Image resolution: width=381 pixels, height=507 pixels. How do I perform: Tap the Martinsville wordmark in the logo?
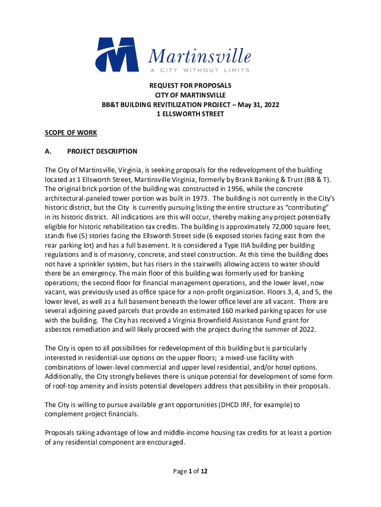[x=199, y=57]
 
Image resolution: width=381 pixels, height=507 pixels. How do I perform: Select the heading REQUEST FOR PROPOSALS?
[x=190, y=86]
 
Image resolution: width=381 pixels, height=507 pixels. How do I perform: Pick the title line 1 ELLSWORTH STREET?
[x=190, y=114]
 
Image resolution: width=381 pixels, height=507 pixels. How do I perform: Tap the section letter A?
[x=48, y=152]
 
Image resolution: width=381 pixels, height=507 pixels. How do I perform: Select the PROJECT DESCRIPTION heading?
[x=102, y=152]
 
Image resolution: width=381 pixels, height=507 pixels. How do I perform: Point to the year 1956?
[x=252, y=189]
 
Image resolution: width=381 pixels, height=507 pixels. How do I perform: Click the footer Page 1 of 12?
[x=190, y=471]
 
